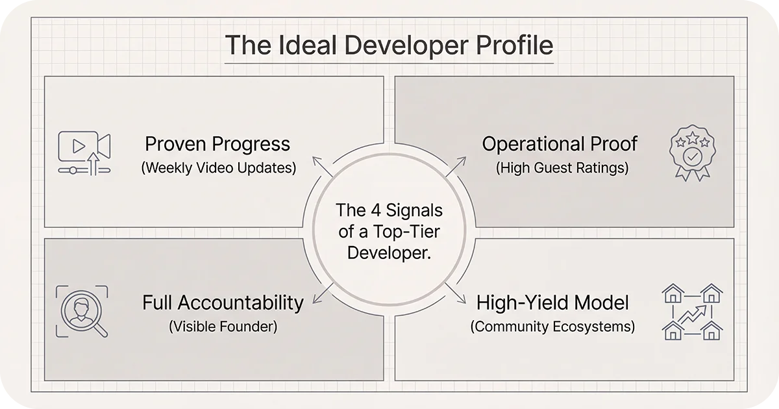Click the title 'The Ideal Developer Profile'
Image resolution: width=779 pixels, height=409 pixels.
[389, 47]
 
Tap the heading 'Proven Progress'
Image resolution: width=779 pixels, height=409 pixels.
[217, 144]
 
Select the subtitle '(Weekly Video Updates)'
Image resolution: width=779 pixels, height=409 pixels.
[218, 167]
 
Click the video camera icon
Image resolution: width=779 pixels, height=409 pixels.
[84, 152]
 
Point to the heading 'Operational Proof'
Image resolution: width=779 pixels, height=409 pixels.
[560, 144]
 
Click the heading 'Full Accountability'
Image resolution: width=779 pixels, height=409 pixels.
[223, 303]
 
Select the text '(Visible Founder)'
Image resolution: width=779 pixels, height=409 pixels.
[223, 326]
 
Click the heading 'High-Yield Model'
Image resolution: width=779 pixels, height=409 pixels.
[552, 303]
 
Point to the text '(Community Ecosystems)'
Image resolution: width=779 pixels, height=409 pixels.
[552, 326]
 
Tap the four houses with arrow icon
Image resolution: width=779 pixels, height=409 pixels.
[692, 312]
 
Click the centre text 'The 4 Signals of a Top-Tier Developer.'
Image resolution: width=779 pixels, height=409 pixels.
[389, 231]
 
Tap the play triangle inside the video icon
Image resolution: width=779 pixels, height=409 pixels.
[78, 146]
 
